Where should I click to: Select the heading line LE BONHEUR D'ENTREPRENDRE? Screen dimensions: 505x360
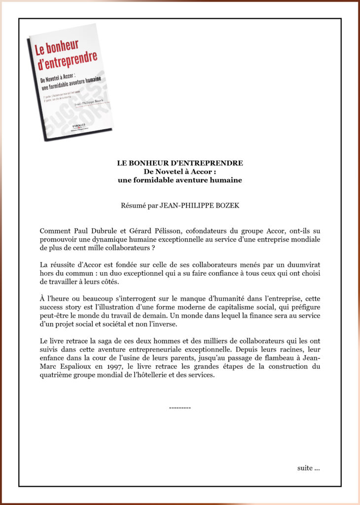(x=180, y=163)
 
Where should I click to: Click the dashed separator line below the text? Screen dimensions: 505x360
(x=180, y=408)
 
